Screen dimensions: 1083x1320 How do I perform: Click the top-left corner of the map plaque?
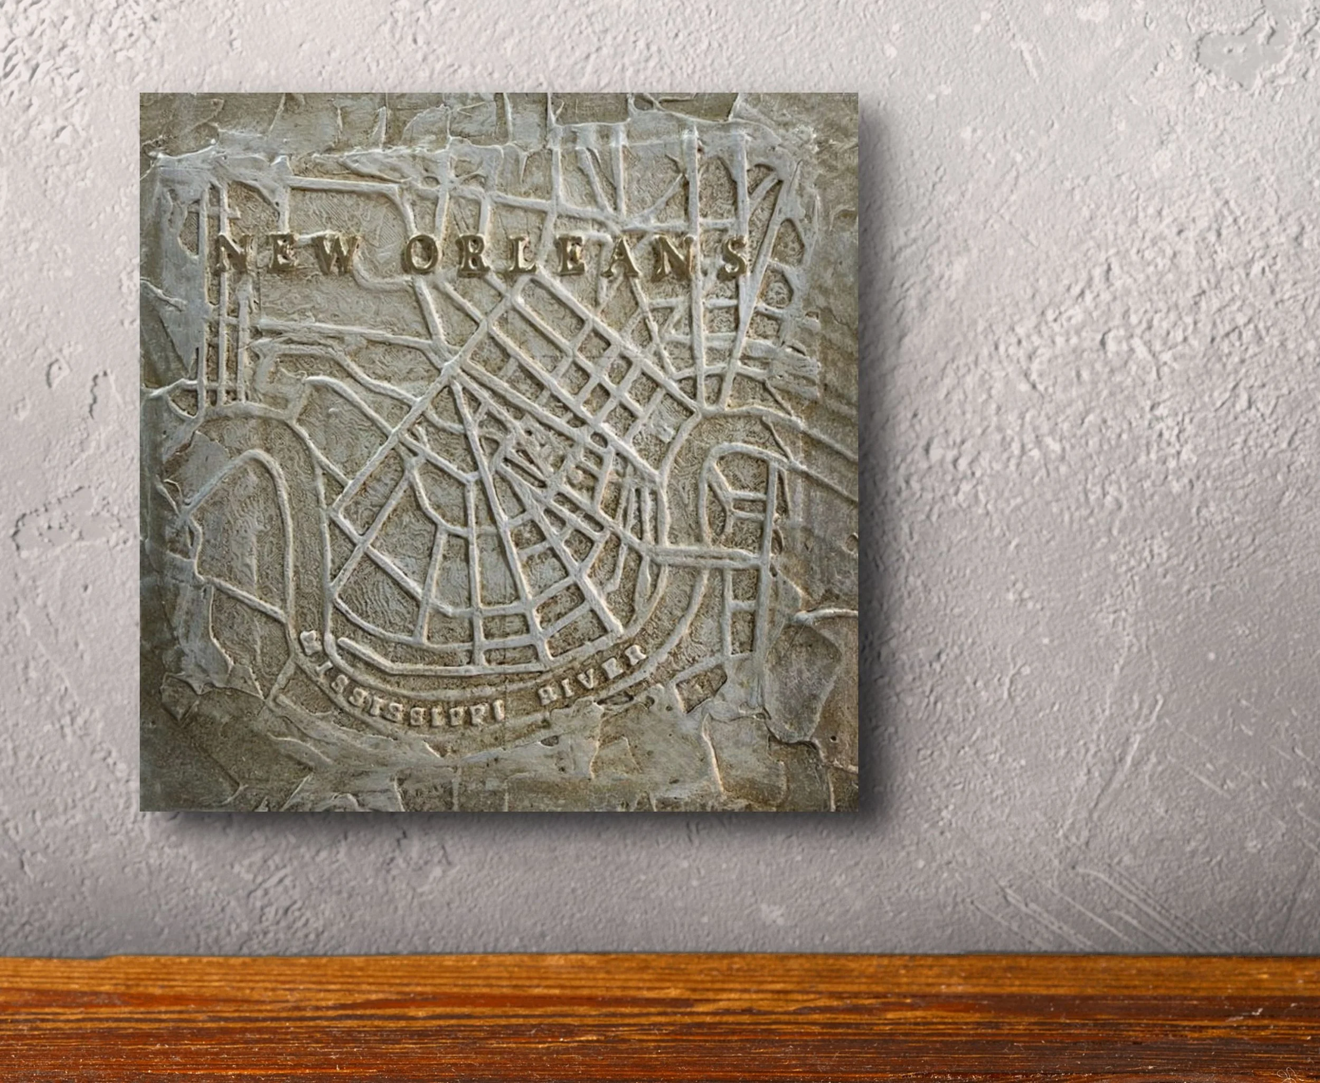pos(141,94)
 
